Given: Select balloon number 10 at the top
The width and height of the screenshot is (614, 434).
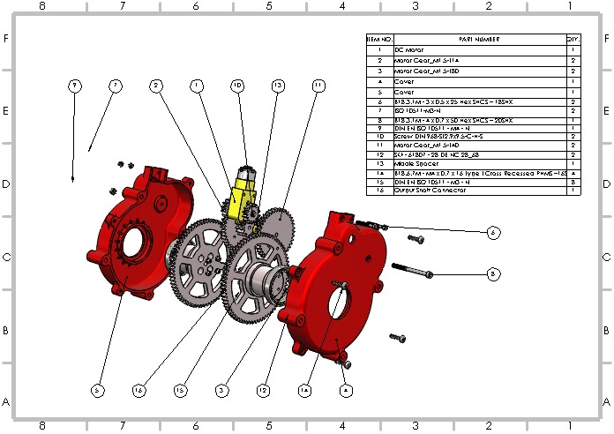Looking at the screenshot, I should click(237, 86).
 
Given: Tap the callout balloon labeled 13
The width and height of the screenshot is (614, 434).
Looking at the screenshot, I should click(278, 86).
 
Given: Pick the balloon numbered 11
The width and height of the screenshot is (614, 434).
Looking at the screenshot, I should click(318, 86).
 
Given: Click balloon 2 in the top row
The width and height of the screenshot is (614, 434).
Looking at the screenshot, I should click(155, 86).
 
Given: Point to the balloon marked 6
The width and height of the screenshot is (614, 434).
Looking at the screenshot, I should click(493, 232).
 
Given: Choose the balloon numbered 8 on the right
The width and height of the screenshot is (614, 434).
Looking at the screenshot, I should click(493, 274).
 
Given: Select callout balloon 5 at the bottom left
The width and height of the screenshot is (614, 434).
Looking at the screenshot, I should click(97, 389).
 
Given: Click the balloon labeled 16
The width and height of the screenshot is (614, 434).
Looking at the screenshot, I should click(139, 389).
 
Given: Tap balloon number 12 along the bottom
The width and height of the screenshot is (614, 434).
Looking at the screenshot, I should click(263, 389).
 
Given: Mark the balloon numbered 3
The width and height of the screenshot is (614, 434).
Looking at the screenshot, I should click(221, 389).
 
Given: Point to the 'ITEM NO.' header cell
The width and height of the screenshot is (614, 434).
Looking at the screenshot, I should click(378, 40).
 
